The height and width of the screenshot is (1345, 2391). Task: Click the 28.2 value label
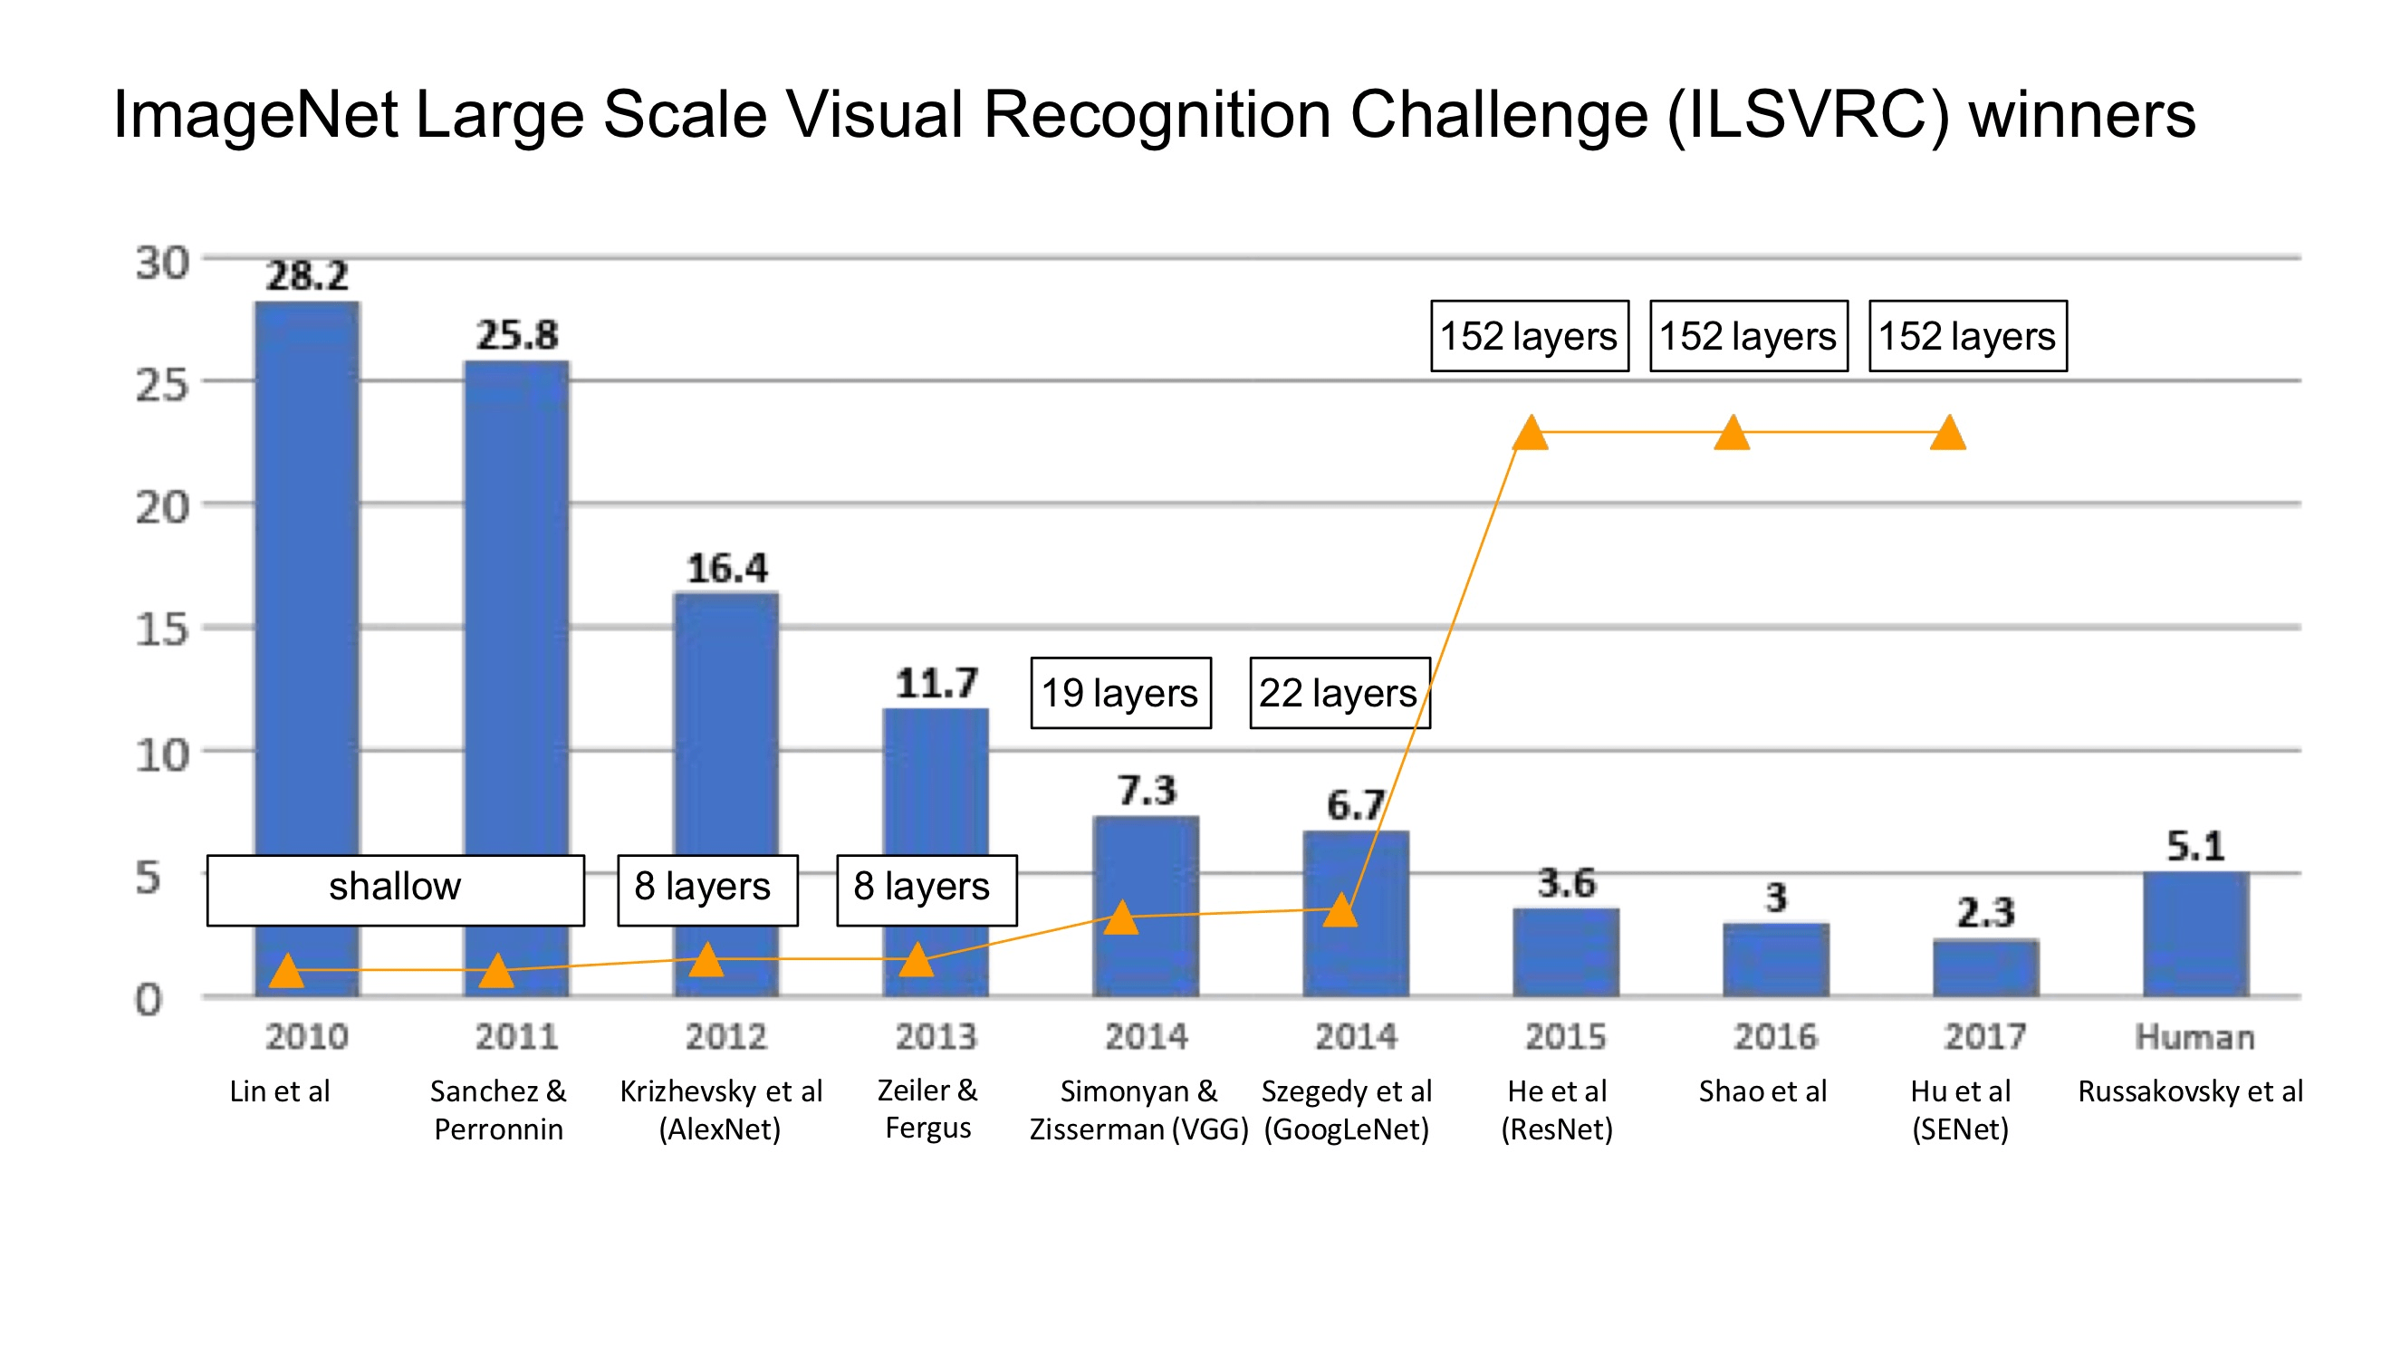point(306,275)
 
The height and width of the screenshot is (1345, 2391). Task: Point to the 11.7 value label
point(936,683)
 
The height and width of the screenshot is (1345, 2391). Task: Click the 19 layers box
point(1120,694)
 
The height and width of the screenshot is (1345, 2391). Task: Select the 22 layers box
point(1339,694)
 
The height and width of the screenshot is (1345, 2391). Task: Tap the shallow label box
point(396,889)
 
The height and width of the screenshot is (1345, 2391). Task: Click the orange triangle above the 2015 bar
point(1530,434)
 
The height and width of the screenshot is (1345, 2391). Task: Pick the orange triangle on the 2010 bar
point(287,970)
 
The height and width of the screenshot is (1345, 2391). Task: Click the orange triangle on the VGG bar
point(1121,917)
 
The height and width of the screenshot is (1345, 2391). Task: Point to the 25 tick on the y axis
point(161,384)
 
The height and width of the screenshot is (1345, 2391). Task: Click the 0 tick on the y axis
point(149,1000)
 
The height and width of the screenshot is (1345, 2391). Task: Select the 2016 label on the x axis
point(1775,1036)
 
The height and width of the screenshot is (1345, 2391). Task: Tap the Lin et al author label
point(279,1090)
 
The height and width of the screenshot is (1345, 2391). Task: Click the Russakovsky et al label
point(2190,1090)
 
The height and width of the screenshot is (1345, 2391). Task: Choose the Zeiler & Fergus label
point(927,1109)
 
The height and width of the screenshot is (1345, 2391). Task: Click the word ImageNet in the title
point(255,115)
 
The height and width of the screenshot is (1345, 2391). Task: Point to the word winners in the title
point(2082,115)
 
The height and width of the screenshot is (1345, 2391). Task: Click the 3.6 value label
point(1566,883)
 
